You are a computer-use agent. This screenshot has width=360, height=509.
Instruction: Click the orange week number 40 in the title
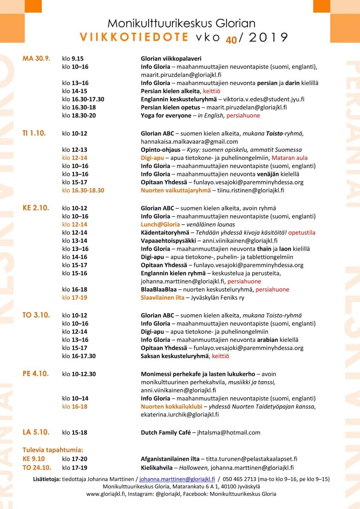(231, 40)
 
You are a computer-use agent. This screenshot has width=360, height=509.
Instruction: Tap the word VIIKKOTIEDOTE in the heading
(134, 37)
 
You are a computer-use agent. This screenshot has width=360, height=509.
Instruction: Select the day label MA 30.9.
(36, 58)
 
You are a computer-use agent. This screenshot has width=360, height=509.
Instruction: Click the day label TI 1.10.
(34, 133)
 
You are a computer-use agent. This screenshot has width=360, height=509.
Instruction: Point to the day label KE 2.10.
(36, 208)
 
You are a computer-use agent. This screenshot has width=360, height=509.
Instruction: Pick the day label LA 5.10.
(36, 432)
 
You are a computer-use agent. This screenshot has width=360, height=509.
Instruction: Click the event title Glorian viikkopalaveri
(171, 59)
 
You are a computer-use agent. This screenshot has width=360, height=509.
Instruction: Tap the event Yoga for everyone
(166, 116)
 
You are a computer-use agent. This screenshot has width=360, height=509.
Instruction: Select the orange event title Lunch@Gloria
(160, 224)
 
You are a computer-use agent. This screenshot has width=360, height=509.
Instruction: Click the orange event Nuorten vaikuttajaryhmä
(176, 190)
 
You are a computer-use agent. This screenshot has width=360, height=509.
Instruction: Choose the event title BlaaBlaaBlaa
(158, 289)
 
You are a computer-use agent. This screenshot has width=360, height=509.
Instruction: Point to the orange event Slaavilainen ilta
(162, 297)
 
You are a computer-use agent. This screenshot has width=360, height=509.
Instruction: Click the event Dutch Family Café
(166, 432)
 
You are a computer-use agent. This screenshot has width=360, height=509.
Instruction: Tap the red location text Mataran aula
(290, 158)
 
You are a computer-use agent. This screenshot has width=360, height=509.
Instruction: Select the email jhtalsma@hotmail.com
(229, 432)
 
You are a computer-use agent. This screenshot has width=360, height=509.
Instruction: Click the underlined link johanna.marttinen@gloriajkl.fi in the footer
(177, 479)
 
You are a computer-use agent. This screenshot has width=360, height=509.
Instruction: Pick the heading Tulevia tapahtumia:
(53, 450)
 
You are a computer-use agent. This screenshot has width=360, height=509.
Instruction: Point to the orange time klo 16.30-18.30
(83, 190)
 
